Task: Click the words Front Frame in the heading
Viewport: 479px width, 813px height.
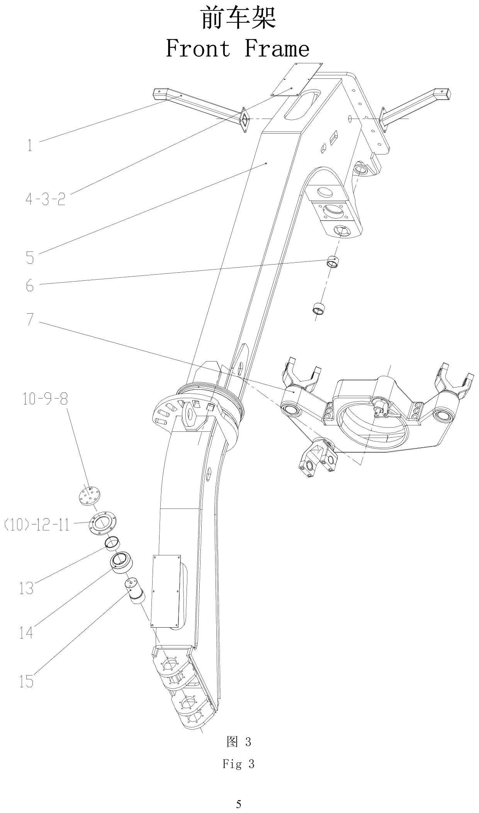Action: tap(238, 49)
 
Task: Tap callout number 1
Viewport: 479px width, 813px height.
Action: tap(30, 145)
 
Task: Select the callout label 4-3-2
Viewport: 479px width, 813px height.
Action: tap(45, 199)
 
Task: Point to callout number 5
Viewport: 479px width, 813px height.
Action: tap(30, 258)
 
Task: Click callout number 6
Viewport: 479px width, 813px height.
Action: tap(30, 286)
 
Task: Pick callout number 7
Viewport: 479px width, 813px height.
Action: tap(30, 319)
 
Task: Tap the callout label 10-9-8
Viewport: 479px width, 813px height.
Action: tap(45, 399)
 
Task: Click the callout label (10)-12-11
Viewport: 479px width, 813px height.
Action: tap(37, 525)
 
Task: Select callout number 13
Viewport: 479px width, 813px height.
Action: tap(26, 588)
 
